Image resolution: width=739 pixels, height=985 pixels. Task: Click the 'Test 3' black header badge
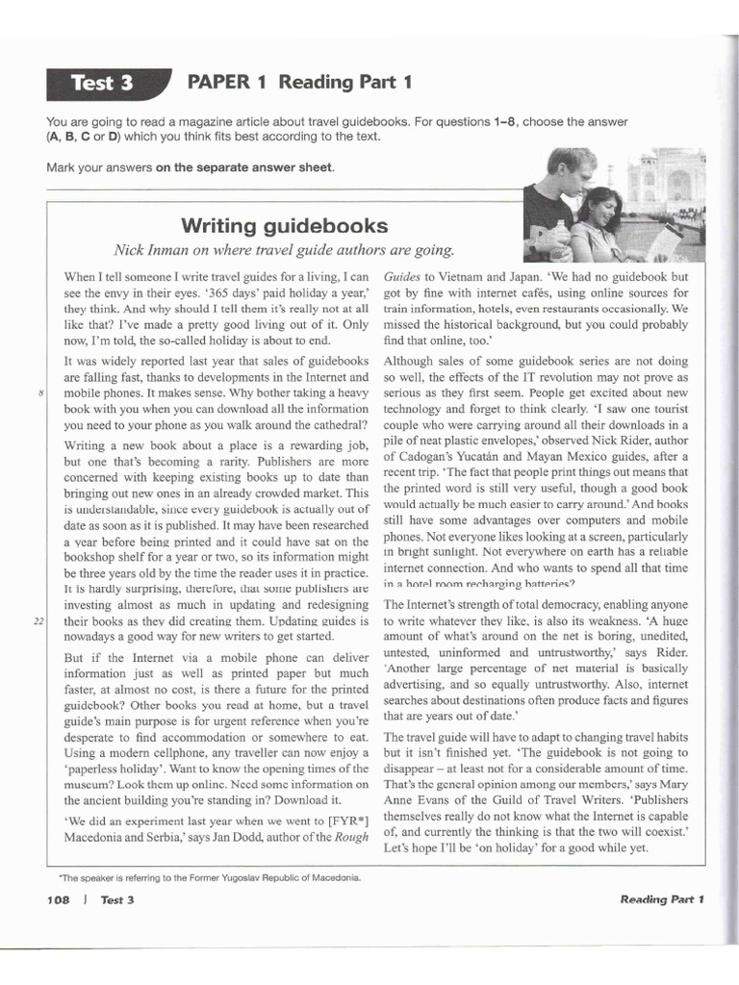(x=102, y=83)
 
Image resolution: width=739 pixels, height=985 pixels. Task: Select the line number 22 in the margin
(x=38, y=621)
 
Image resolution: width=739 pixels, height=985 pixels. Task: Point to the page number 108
(x=61, y=899)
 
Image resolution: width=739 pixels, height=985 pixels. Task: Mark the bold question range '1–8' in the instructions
(x=507, y=122)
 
